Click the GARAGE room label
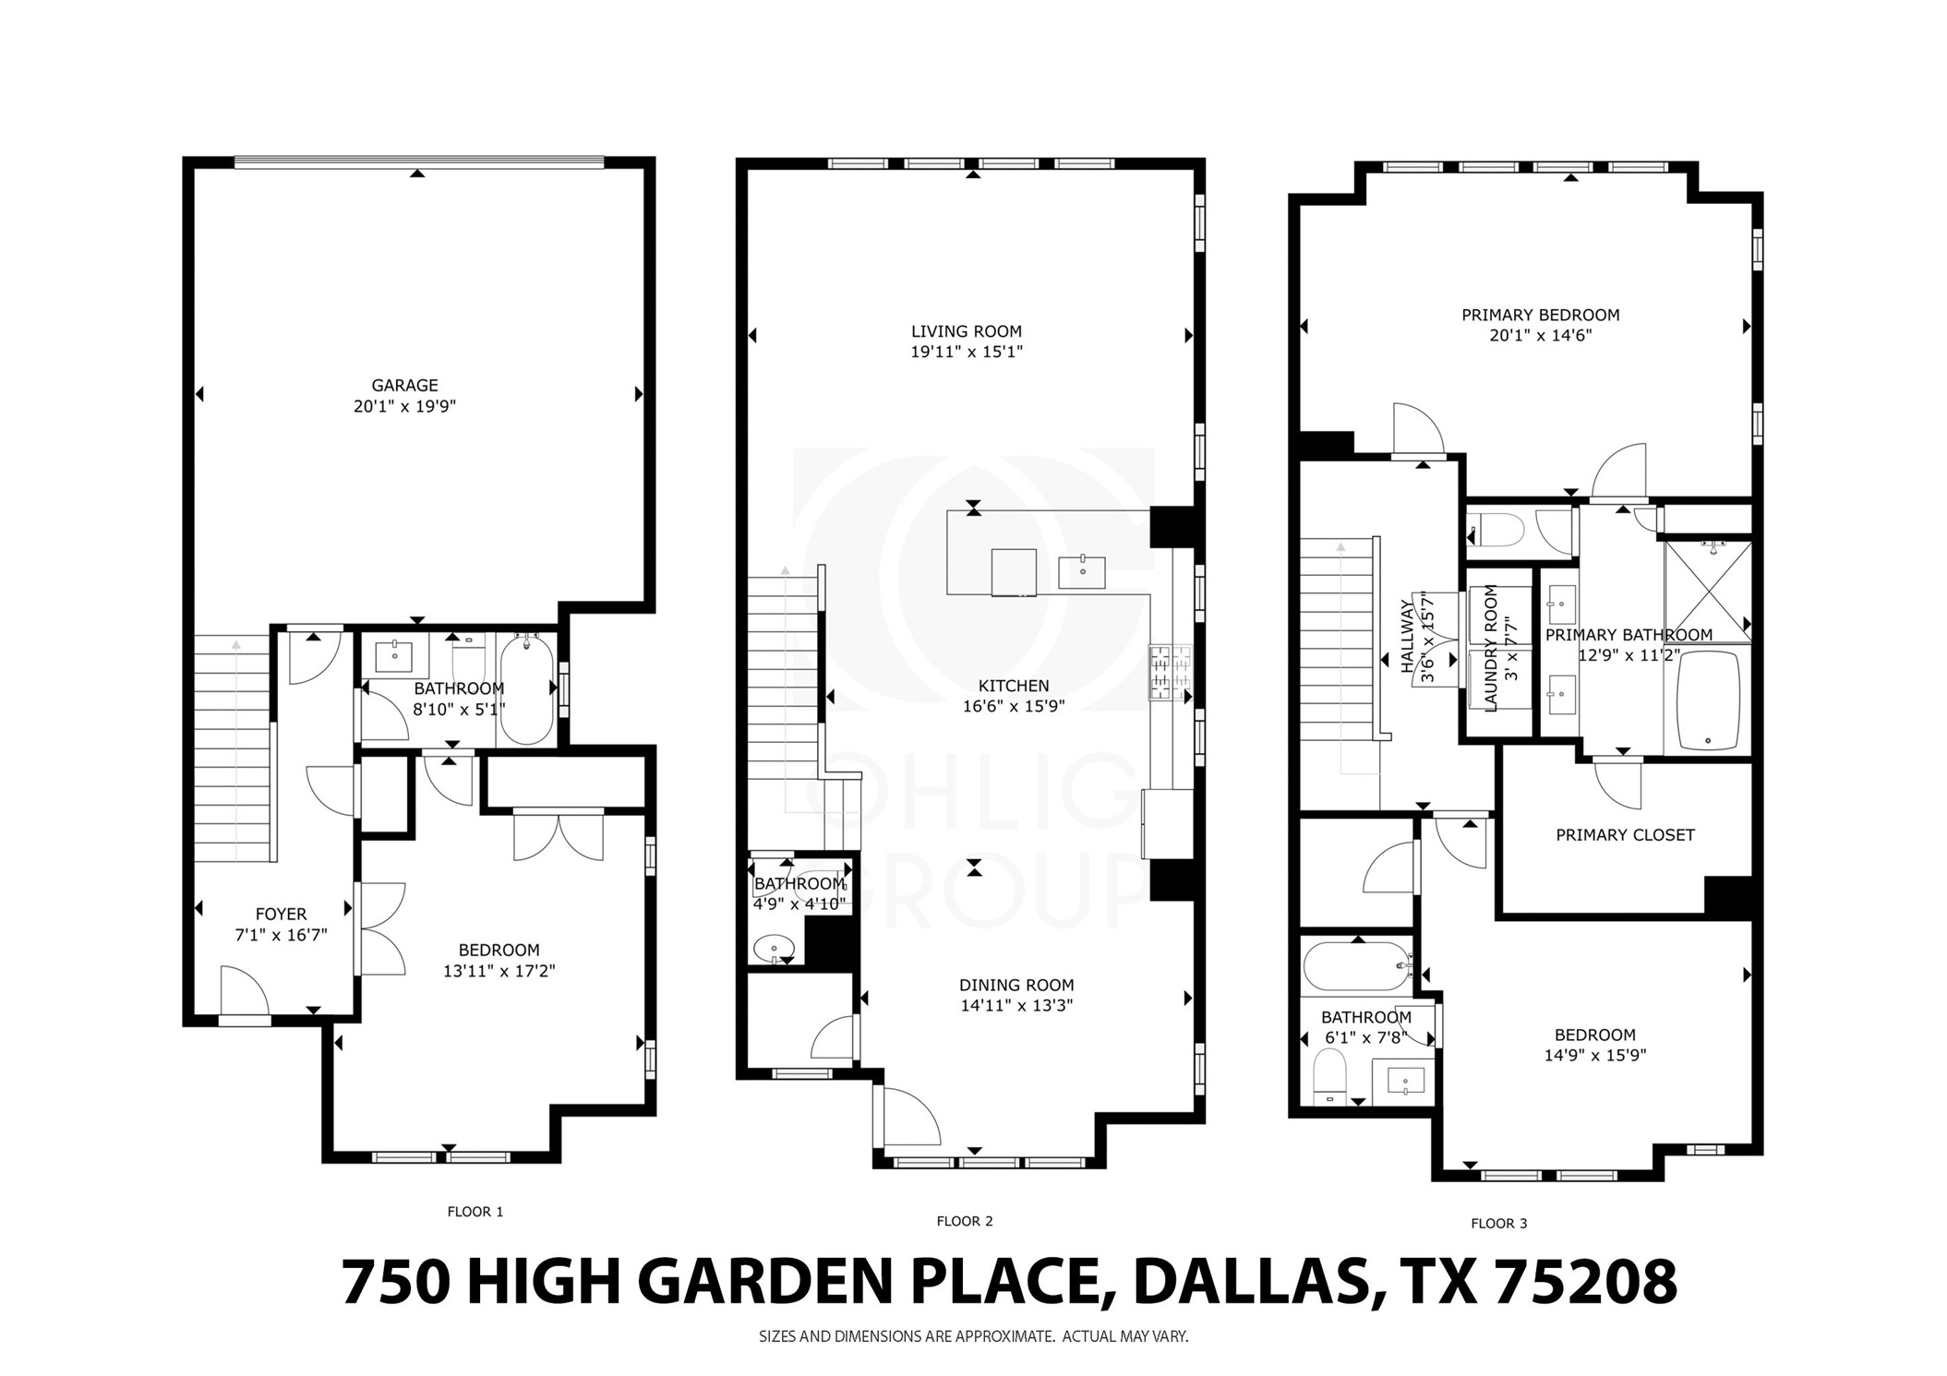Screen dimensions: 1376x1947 click(404, 386)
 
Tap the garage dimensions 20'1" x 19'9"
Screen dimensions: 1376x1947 click(404, 406)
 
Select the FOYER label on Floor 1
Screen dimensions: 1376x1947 click(281, 915)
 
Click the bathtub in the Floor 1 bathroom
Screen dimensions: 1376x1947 click(527, 690)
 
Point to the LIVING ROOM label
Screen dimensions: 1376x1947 click(966, 331)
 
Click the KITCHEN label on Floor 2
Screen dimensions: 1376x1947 click(1014, 686)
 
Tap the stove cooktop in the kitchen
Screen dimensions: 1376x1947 click(1170, 672)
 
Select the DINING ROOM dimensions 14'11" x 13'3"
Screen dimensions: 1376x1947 click(1016, 1006)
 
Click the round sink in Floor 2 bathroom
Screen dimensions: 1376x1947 click(774, 948)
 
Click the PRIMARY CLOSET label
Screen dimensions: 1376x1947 click(1625, 835)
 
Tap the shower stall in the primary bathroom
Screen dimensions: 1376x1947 click(1707, 591)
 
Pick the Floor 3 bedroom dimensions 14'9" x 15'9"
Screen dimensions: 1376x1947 click(1594, 1056)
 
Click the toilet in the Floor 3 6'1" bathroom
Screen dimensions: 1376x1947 click(1329, 1080)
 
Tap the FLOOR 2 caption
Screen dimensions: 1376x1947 click(964, 1221)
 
